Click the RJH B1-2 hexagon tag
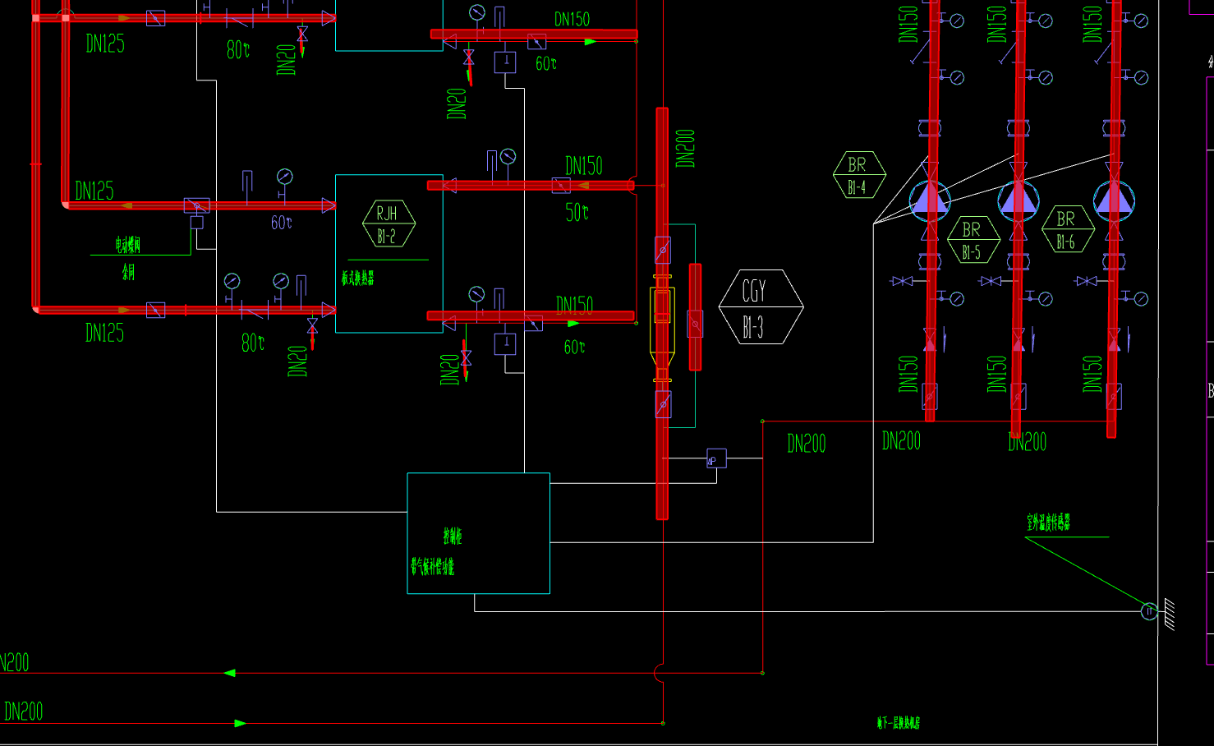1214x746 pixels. tap(388, 223)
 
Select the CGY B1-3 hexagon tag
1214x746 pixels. tap(760, 306)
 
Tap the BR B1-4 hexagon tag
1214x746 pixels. tap(858, 175)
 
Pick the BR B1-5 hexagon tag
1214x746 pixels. tap(973, 240)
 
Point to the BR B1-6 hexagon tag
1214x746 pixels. tap(1067, 229)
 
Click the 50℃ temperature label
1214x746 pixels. tap(577, 213)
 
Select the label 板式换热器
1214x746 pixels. tap(358, 279)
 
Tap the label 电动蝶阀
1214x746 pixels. tap(127, 244)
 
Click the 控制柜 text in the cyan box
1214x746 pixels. tap(453, 536)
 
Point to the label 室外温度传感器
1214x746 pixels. tap(1049, 523)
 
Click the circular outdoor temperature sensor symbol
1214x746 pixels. tap(1149, 610)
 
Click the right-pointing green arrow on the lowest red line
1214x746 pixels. tap(240, 723)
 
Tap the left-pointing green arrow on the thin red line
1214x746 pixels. tap(229, 673)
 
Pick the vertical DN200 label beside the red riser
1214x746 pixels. tap(685, 148)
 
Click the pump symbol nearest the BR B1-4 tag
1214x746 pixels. tap(929, 200)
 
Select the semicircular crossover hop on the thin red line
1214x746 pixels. tap(659, 673)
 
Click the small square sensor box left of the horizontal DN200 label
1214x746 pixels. tap(716, 458)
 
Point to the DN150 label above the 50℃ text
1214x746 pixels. tap(583, 166)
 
